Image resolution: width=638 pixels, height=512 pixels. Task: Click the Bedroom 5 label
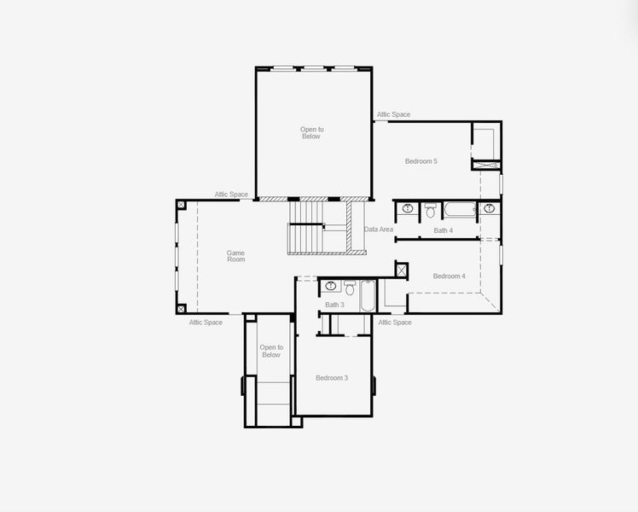[420, 161]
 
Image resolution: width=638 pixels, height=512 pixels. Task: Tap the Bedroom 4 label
[449, 276]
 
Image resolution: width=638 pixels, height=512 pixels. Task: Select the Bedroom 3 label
[332, 378]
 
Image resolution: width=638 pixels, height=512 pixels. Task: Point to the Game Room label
[235, 255]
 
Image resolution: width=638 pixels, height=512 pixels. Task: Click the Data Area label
[379, 230]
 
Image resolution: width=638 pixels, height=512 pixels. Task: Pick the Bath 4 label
[443, 230]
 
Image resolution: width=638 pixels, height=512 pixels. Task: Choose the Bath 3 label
[334, 305]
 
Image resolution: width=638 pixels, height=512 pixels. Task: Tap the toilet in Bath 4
[431, 209]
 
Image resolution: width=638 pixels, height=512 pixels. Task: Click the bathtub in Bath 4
[458, 208]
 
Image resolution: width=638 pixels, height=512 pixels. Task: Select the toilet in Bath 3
[350, 286]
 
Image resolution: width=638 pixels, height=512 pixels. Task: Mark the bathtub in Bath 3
[368, 295]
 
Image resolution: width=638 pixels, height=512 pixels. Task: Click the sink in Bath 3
[329, 285]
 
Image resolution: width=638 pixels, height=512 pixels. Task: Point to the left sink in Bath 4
[407, 208]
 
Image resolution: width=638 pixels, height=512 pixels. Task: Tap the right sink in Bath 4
[490, 207]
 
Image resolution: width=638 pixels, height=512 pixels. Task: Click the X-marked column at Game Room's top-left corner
[181, 205]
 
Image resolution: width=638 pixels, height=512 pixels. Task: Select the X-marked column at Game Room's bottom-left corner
[181, 308]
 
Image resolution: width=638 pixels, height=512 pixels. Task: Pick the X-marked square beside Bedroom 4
[401, 270]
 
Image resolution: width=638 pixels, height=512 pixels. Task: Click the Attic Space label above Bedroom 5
[393, 114]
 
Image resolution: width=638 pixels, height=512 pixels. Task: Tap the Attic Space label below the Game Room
[206, 323]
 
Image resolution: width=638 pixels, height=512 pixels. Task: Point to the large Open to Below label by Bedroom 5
[311, 132]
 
